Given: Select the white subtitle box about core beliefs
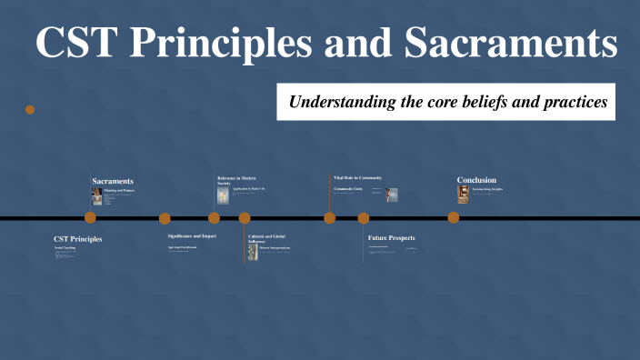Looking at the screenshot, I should click(x=446, y=102).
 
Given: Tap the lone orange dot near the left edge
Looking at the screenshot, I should click(x=30, y=109).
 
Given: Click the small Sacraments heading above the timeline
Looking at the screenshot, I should click(x=112, y=181).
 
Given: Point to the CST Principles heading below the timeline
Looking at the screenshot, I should click(x=77, y=239).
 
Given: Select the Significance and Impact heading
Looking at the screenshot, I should click(x=191, y=235).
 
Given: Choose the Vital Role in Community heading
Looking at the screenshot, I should click(x=357, y=177).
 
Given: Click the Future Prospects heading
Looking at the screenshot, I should click(x=391, y=238).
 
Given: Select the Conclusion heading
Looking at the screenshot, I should click(x=476, y=180).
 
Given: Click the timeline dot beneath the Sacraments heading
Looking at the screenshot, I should click(x=90, y=217).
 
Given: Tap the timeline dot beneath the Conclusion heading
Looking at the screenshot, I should click(x=453, y=217).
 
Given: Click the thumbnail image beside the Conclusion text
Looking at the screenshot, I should click(x=463, y=194).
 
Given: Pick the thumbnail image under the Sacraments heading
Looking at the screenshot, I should click(x=96, y=196).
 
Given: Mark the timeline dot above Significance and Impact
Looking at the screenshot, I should click(x=165, y=218).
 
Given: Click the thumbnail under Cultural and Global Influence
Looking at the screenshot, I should click(x=254, y=252).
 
